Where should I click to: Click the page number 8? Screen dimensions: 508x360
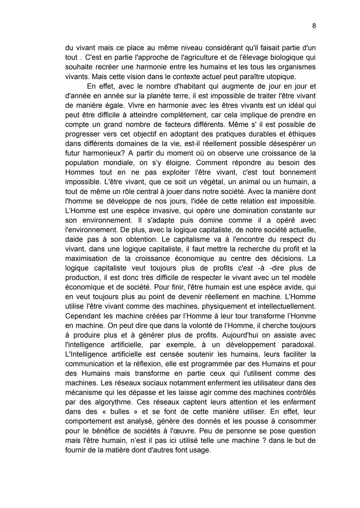click(x=314, y=26)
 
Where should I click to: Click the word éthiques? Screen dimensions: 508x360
click(x=300, y=134)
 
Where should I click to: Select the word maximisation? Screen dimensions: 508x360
click(x=86, y=258)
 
